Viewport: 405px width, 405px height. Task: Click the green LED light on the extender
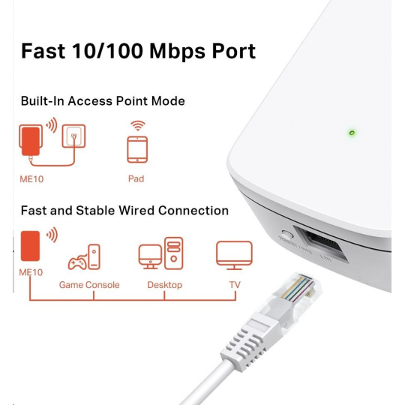pyautogui.click(x=352, y=133)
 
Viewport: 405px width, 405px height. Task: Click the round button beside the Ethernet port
pyautogui.click(x=287, y=235)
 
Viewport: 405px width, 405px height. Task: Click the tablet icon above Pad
pyautogui.click(x=137, y=150)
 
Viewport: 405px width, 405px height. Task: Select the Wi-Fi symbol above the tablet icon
pyautogui.click(x=138, y=125)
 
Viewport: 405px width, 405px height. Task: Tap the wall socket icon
pyautogui.click(x=73, y=136)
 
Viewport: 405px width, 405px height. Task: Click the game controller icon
pyautogui.click(x=77, y=262)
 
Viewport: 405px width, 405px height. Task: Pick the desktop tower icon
pyautogui.click(x=173, y=253)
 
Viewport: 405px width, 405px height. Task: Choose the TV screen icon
pyautogui.click(x=234, y=255)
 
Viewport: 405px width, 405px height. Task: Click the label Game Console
pyautogui.click(x=89, y=285)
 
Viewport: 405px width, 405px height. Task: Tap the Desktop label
pyautogui.click(x=165, y=285)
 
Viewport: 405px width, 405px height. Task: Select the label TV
pyautogui.click(x=235, y=285)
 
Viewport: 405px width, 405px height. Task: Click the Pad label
pyautogui.click(x=136, y=178)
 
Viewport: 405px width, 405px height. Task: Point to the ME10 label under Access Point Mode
pyautogui.click(x=31, y=179)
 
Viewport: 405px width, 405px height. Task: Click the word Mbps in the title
pyautogui.click(x=177, y=52)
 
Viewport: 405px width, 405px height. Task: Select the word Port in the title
pyautogui.click(x=234, y=51)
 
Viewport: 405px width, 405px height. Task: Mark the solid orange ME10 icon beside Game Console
pyautogui.click(x=30, y=246)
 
